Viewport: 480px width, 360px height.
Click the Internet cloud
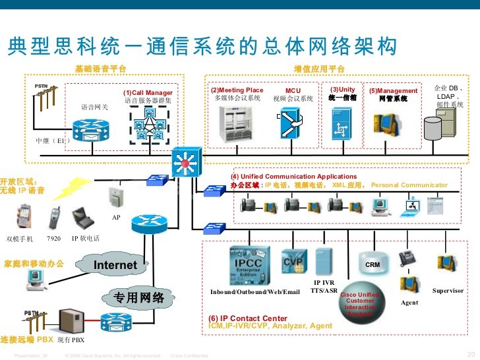click(115, 265)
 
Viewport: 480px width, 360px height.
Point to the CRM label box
click(373, 264)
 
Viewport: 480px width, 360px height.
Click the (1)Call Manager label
click(148, 93)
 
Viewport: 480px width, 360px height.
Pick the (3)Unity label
click(342, 90)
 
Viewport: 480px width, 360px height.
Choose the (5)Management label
click(393, 91)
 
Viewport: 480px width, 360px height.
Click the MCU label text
click(293, 90)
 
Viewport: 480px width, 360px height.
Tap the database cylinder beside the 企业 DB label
click(433, 127)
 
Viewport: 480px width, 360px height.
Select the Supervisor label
click(448, 291)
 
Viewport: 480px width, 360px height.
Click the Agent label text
click(409, 303)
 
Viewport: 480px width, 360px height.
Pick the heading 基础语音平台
click(100, 69)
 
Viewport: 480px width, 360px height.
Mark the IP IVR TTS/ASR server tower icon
click(324, 262)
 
